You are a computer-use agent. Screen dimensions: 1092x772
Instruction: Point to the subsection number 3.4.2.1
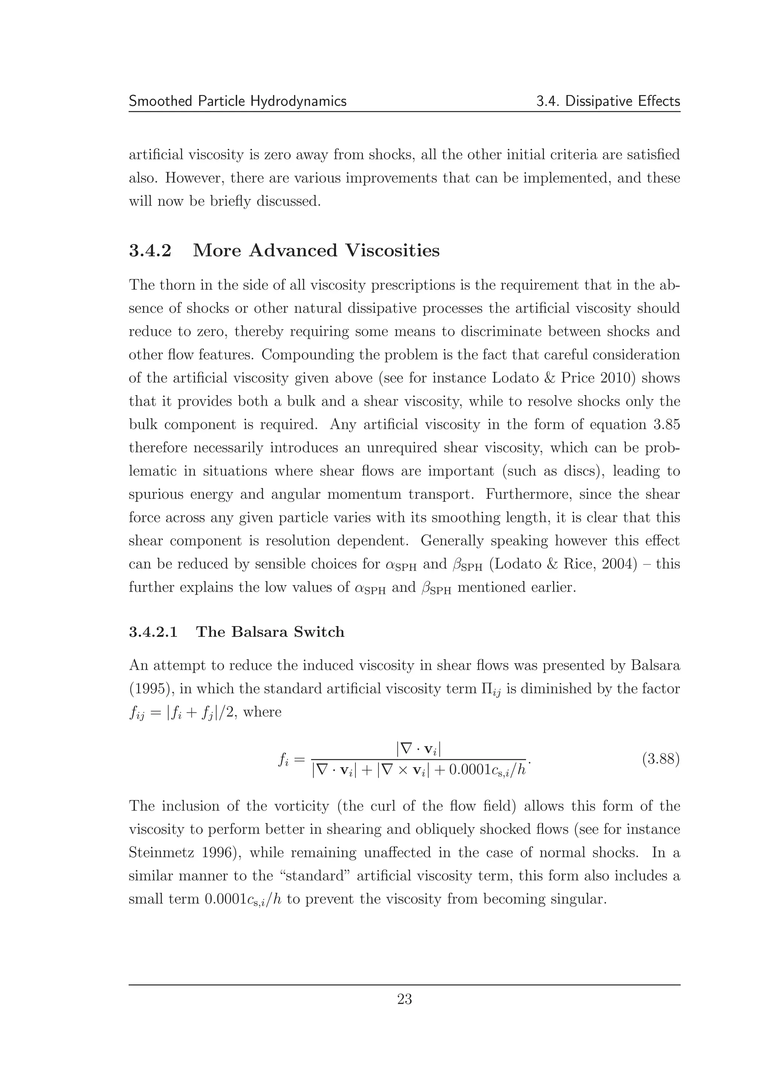click(x=153, y=632)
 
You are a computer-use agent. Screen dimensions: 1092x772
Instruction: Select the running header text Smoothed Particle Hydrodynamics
click(x=237, y=101)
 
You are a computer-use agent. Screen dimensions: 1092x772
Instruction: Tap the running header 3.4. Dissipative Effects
click(x=608, y=101)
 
